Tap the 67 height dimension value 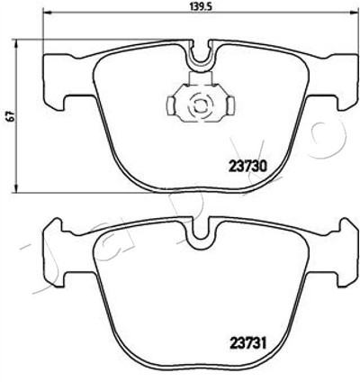point(11,116)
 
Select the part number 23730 point(247,166)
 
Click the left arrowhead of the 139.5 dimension point(48,13)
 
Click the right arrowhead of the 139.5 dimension point(350,13)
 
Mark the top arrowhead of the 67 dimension point(16,44)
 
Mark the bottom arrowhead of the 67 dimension point(16,187)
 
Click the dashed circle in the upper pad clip point(199,105)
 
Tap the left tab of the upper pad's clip point(171,105)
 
